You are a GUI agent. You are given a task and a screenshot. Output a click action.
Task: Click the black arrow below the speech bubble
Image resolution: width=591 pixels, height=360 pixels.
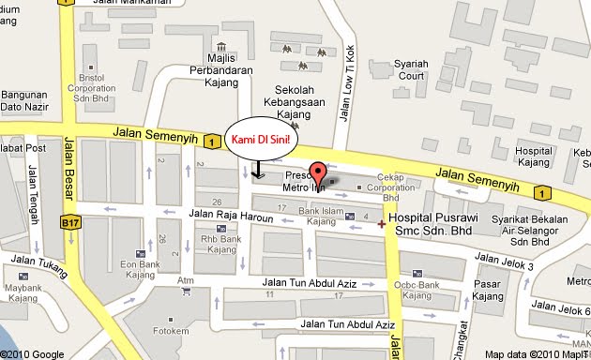(x=258, y=171)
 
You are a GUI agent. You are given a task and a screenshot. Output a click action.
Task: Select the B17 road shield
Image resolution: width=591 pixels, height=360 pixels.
(x=67, y=223)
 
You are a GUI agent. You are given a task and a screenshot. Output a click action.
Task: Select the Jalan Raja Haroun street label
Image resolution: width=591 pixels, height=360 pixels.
(x=230, y=215)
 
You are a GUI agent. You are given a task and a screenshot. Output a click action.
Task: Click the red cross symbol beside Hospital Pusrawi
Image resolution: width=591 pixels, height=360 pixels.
(x=381, y=223)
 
